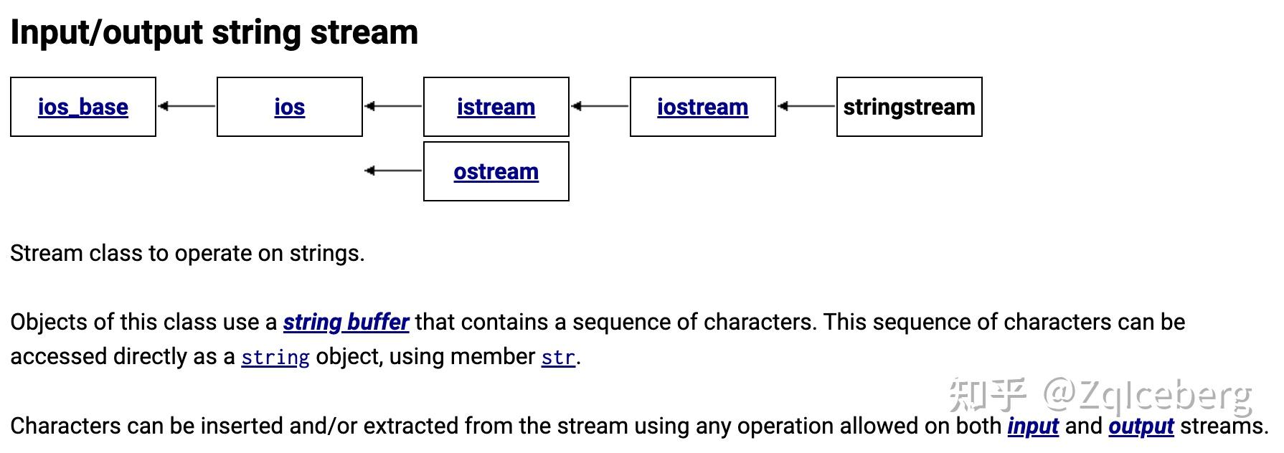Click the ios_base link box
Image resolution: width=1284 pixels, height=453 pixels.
83,107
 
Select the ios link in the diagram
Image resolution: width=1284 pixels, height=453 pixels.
289,107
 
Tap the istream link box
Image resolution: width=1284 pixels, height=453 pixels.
496,107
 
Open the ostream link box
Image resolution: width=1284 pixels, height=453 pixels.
496,171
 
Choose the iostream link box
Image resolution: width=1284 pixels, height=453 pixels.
702,107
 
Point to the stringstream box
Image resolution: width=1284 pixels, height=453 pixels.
909,107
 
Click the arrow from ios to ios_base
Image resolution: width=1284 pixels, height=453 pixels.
187,106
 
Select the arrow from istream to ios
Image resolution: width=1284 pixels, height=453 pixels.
393,106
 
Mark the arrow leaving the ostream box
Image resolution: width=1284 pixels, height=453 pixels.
393,171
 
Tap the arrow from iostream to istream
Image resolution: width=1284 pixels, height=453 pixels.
600,106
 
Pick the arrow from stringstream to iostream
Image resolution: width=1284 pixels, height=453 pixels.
806,106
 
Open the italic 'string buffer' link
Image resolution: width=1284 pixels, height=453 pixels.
346,323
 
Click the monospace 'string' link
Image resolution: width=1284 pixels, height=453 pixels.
275,357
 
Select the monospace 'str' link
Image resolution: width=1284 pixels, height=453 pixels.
558,357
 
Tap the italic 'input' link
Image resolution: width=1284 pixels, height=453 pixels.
1033,426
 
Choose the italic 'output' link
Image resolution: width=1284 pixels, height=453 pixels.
1141,426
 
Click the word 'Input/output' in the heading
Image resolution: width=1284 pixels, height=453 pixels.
107,33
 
